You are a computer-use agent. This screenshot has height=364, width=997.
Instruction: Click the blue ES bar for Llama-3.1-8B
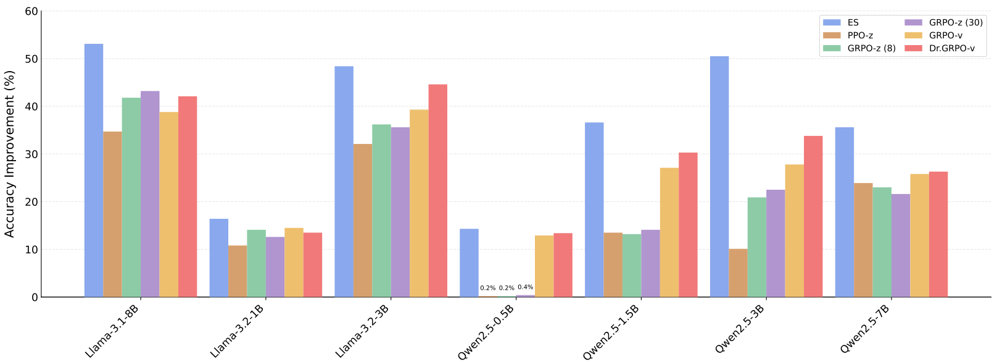tap(94, 171)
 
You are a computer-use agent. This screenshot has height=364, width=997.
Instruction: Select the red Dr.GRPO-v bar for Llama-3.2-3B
tap(438, 190)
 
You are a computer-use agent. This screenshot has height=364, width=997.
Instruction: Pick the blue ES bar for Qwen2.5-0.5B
tap(469, 263)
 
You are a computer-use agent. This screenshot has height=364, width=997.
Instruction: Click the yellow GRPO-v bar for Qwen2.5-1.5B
tap(669, 232)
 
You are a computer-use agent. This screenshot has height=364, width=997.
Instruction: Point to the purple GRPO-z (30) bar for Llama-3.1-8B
tap(150, 194)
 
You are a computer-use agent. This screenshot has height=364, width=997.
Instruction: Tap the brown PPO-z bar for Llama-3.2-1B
tap(238, 271)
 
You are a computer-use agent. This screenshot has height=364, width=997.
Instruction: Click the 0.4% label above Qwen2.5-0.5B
tap(526, 287)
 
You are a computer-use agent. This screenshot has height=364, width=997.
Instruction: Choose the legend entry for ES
tap(853, 23)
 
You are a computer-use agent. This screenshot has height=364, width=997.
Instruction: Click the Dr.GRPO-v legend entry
tap(952, 48)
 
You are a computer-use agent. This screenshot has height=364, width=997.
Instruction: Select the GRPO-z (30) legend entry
tap(956, 23)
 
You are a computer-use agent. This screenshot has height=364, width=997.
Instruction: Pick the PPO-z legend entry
tap(860, 36)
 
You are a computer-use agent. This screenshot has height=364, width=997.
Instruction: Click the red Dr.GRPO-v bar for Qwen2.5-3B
tap(813, 216)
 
